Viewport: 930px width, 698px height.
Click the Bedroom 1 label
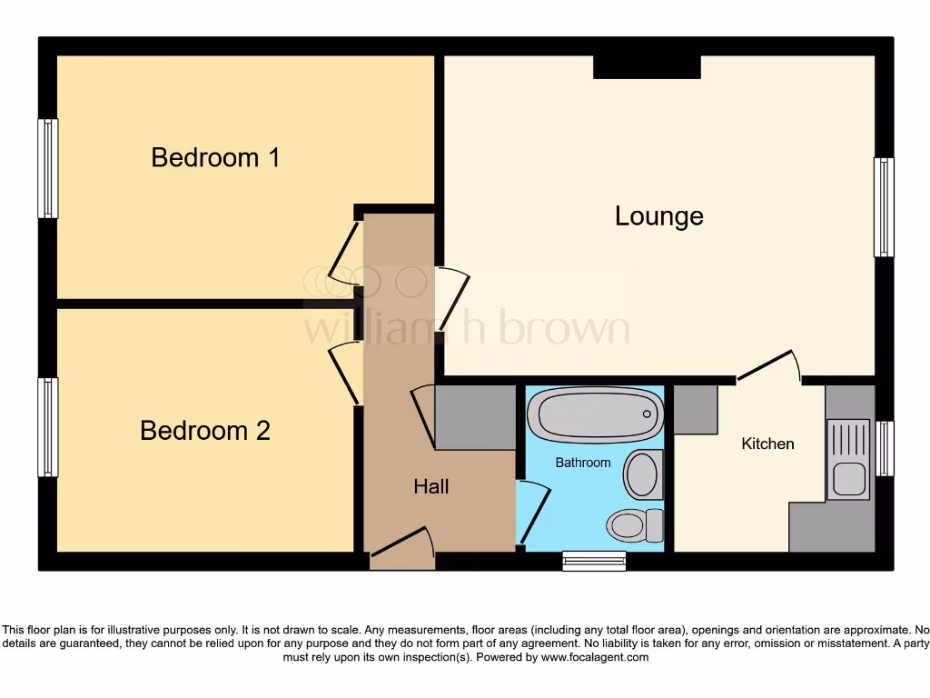coord(215,157)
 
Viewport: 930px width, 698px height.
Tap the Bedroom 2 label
coord(205,430)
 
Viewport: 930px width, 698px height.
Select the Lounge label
coord(659,216)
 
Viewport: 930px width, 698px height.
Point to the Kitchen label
coord(767,444)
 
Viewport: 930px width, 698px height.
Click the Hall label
coord(431,487)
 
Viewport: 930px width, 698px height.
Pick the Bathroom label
coord(583,463)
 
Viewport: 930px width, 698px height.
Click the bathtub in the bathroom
coord(596,414)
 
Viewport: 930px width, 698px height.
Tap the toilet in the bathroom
coord(635,524)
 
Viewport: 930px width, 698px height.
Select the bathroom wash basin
coord(644,473)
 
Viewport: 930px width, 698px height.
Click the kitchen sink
coord(849,475)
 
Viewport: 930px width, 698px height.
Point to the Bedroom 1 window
coord(47,168)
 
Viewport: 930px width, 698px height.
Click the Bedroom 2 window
coord(47,427)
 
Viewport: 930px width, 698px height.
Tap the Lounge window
coord(884,207)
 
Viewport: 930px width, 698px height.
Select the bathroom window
coord(594,561)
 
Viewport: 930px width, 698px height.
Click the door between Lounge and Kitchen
coord(768,367)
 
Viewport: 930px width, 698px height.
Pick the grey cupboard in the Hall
coord(475,416)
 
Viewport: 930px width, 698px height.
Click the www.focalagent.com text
coord(596,657)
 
